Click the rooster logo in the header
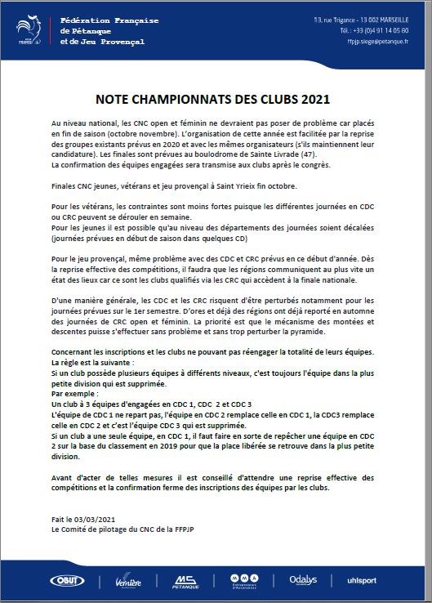(30, 29)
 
